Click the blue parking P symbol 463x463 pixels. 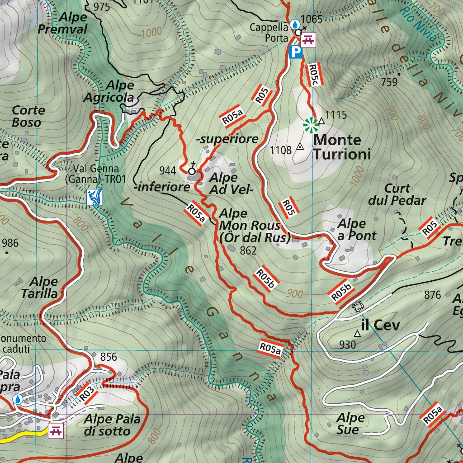(x=295, y=52)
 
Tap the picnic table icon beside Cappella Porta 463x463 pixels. (x=308, y=40)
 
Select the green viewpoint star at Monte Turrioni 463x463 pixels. (x=310, y=125)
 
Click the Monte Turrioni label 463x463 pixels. (x=342, y=147)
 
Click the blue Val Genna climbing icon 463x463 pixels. (x=94, y=198)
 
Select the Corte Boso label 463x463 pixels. (x=28, y=116)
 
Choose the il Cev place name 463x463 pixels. (x=381, y=325)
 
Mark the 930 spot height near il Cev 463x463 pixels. (x=347, y=345)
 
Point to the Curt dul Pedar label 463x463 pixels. (x=397, y=194)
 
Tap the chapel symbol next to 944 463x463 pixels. (x=192, y=170)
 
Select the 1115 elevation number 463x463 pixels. (x=336, y=115)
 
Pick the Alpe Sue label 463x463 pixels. (x=350, y=423)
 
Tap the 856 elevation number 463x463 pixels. (x=109, y=357)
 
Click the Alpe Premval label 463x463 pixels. (x=69, y=23)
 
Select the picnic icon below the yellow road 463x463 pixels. (x=57, y=430)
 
